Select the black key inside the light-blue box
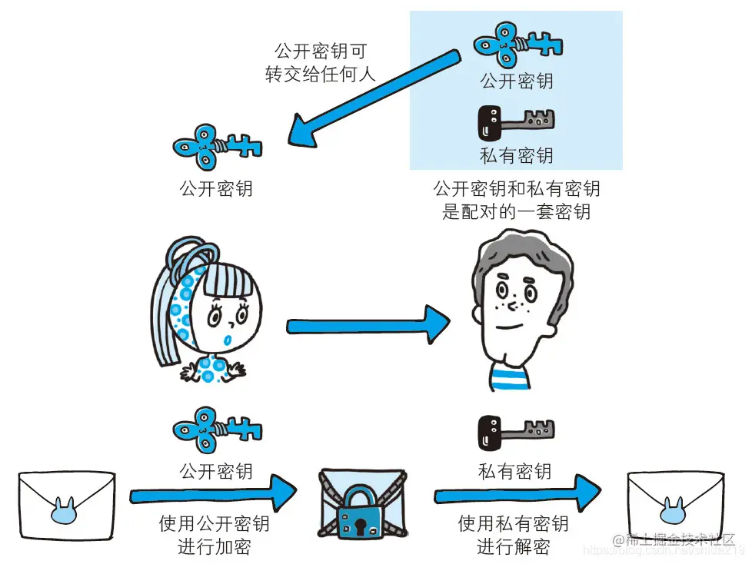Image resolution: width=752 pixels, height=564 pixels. [516, 121]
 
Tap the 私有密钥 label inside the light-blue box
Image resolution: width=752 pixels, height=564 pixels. [516, 156]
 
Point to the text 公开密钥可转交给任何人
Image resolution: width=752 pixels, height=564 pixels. [321, 64]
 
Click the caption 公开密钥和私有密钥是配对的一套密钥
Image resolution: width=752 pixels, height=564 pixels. [516, 200]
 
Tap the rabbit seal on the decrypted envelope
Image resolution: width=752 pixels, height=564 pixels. [675, 508]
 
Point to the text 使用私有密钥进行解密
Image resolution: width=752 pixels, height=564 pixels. [514, 536]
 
